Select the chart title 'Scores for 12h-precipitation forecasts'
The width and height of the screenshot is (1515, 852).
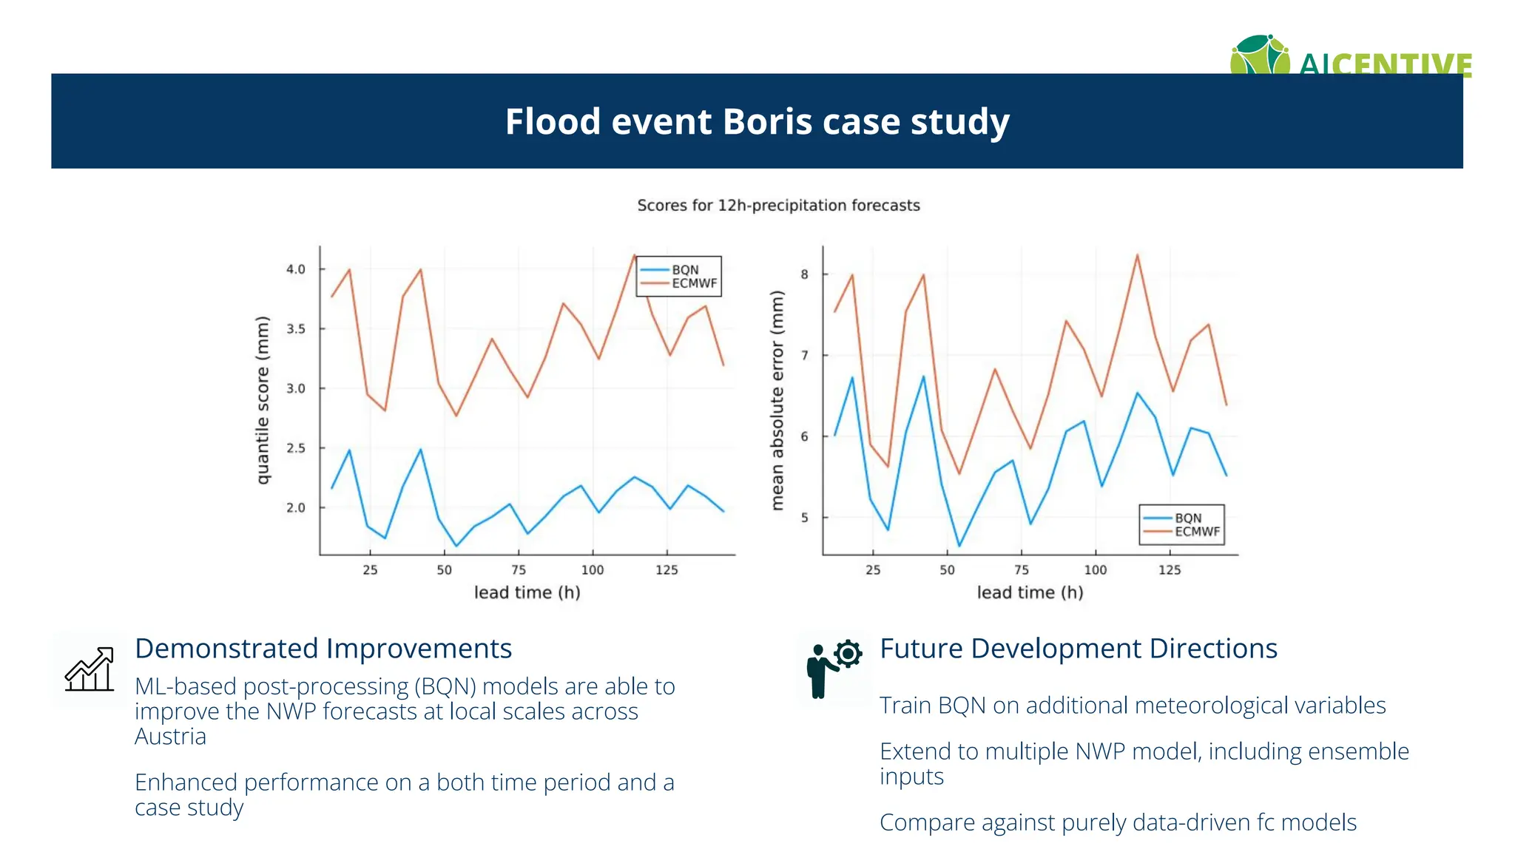pyautogui.click(x=778, y=206)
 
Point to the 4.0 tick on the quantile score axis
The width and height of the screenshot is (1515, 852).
pyautogui.click(x=296, y=269)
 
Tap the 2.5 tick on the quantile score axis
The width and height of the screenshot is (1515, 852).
pyautogui.click(x=296, y=448)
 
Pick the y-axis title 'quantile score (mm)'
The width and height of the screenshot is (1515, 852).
pyautogui.click(x=263, y=400)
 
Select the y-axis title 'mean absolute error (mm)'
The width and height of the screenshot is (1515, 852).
pyautogui.click(x=777, y=400)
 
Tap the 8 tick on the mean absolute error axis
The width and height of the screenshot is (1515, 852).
pyautogui.click(x=805, y=274)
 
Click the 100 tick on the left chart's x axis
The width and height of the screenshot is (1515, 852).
pyautogui.click(x=593, y=570)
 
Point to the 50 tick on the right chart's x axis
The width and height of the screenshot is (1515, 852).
pyautogui.click(x=948, y=570)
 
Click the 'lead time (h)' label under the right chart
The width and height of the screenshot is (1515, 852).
pyautogui.click(x=1030, y=592)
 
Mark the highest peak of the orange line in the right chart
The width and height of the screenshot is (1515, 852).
pyautogui.click(x=1137, y=255)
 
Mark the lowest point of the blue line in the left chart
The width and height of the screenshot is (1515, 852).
pyautogui.click(x=456, y=547)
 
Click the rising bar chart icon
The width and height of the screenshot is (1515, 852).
pyautogui.click(x=90, y=669)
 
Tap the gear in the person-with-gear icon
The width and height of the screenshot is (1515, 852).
pyautogui.click(x=848, y=654)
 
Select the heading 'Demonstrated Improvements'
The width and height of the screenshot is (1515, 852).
pyautogui.click(x=323, y=649)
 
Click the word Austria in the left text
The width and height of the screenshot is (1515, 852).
pyautogui.click(x=170, y=737)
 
